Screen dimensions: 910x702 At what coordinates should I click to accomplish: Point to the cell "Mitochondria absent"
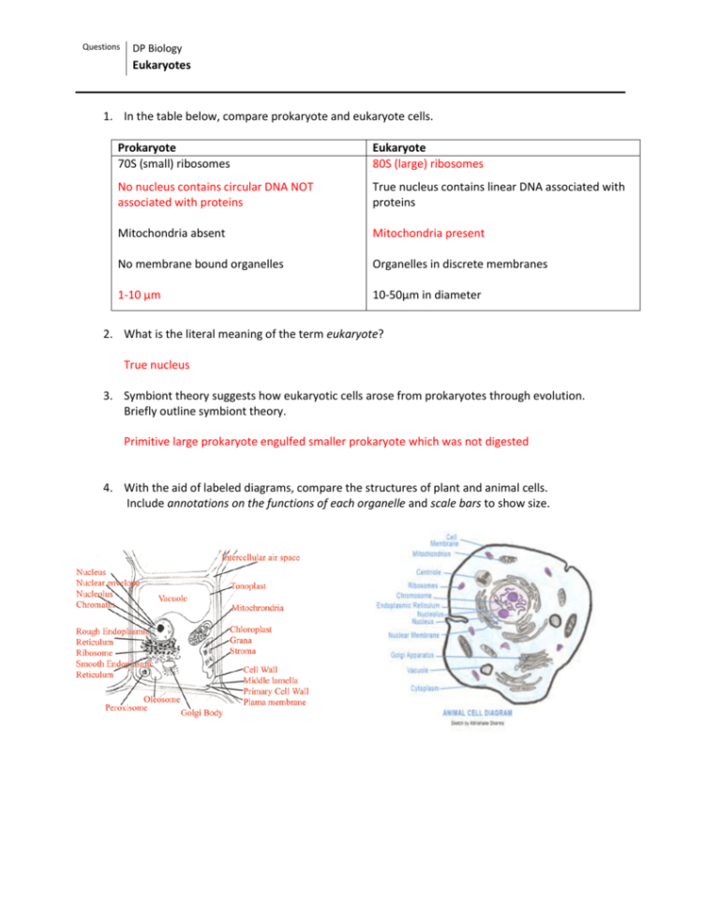171,233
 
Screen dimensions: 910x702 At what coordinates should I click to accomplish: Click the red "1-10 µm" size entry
139,295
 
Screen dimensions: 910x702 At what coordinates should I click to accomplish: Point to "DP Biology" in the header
157,48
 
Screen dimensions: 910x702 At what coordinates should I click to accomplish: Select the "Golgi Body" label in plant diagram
201,711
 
